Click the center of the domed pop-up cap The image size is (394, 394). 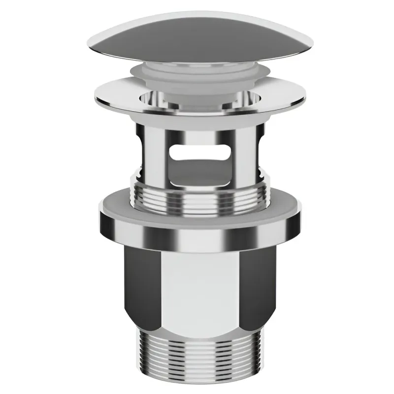click(197, 39)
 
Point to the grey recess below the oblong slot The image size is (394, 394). click(197, 172)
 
